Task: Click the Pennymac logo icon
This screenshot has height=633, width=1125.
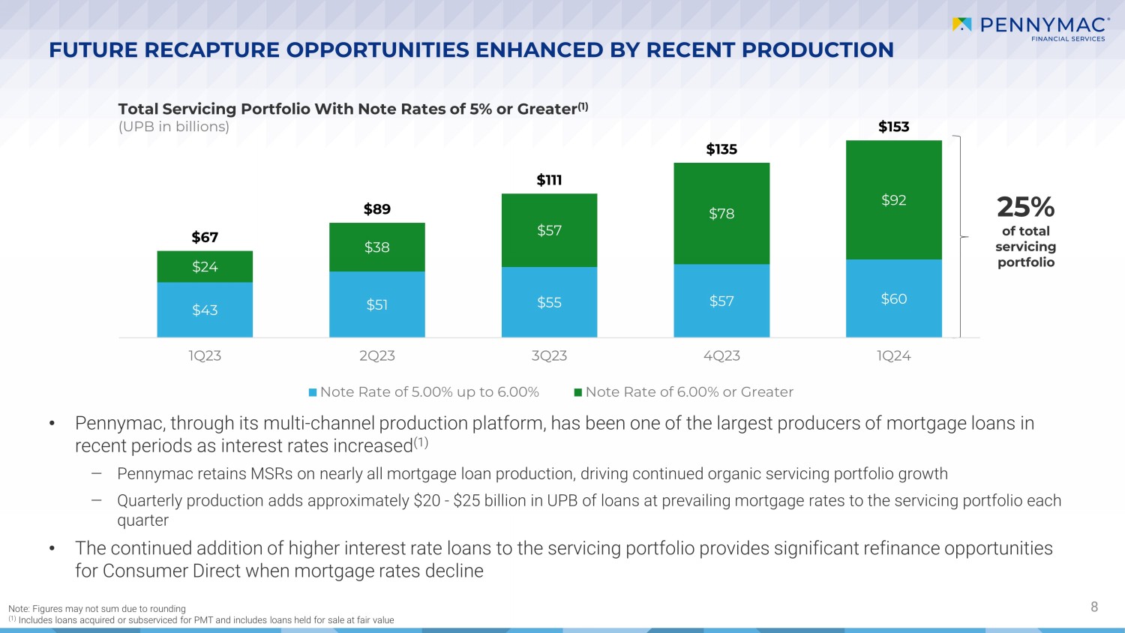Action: [x=961, y=25]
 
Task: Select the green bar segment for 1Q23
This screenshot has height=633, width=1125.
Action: [x=205, y=266]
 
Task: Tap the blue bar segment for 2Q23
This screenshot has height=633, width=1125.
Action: [x=376, y=304]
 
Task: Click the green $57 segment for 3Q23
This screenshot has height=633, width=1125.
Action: [x=549, y=230]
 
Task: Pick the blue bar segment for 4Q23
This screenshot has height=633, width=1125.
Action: [x=721, y=301]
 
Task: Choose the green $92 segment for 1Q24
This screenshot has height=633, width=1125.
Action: [x=893, y=200]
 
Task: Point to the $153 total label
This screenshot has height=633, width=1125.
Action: [x=893, y=127]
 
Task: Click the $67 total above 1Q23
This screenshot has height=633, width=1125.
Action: [x=205, y=238]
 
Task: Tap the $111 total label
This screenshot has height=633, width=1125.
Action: [x=549, y=180]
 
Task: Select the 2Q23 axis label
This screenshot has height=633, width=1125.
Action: [x=376, y=356]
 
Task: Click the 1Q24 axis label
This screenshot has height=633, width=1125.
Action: [x=893, y=356]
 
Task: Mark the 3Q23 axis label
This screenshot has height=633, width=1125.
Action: [x=549, y=356]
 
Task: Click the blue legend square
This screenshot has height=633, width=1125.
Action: [x=313, y=392]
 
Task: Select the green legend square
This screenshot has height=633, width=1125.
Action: [x=578, y=392]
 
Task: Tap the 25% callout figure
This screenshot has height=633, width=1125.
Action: [x=1025, y=207]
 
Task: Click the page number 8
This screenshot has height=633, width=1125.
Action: [x=1093, y=607]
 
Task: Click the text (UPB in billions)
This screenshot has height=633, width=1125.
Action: [x=174, y=127]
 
